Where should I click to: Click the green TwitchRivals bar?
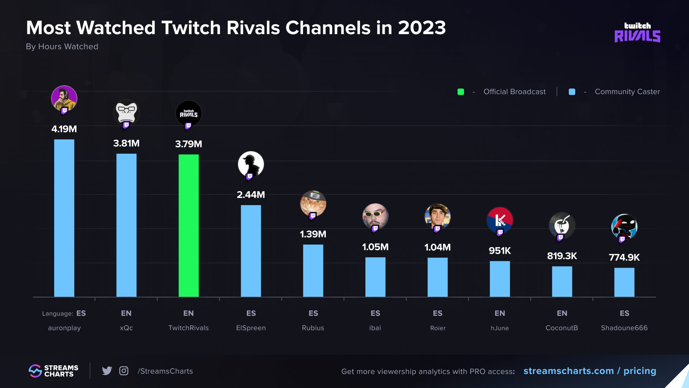[x=188, y=225]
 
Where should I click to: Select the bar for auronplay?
[x=64, y=218]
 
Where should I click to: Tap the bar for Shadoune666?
[x=624, y=282]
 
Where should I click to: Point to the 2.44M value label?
[x=251, y=195]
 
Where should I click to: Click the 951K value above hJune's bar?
[x=500, y=251]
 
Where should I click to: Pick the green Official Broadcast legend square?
[x=461, y=92]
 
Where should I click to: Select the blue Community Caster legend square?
[x=572, y=92]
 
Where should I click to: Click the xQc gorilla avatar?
[x=126, y=112]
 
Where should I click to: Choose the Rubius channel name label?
[x=313, y=328]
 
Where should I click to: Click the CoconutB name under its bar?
[x=562, y=328]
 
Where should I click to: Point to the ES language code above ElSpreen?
[x=251, y=313]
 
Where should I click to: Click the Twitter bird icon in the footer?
[x=107, y=371]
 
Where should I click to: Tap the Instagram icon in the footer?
[x=124, y=371]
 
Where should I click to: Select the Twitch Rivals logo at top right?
[x=637, y=33]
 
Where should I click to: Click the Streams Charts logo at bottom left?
[x=53, y=371]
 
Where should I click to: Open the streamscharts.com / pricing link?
[x=590, y=371]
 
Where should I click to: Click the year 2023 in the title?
[x=422, y=28]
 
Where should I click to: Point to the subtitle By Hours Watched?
[x=62, y=47]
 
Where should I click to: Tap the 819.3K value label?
[x=562, y=256]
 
